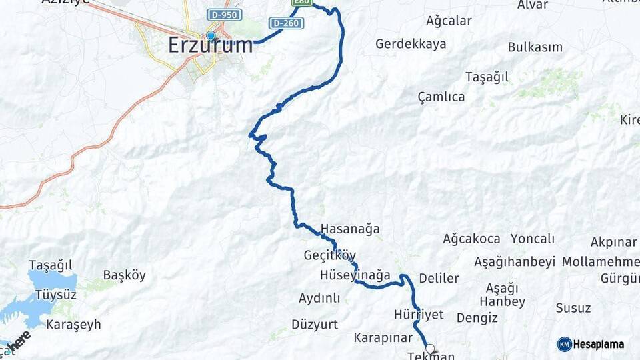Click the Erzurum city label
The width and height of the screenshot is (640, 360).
pos(211,45)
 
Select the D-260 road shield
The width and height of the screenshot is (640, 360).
pos(287,23)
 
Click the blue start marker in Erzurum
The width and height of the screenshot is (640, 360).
pos(211,35)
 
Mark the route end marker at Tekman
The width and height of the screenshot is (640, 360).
pos(430,348)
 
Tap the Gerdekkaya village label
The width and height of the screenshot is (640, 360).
pos(411,44)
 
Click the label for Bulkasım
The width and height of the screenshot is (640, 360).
pos(535,47)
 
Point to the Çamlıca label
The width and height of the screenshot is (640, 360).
pos(441,97)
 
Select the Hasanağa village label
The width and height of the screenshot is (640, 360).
pos(350,229)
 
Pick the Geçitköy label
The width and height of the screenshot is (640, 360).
pos(330,255)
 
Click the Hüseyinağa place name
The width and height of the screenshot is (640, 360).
pos(355,275)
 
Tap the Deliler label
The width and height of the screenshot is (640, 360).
pos(439,278)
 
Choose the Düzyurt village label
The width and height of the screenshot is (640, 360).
pos(315,325)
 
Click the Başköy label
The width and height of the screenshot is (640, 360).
pos(124,275)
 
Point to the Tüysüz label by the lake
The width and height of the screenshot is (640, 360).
pos(55,295)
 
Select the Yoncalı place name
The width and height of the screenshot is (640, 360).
pos(533,239)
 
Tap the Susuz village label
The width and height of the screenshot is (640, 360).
pos(573,308)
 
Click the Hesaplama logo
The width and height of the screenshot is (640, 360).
pos(591,344)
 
